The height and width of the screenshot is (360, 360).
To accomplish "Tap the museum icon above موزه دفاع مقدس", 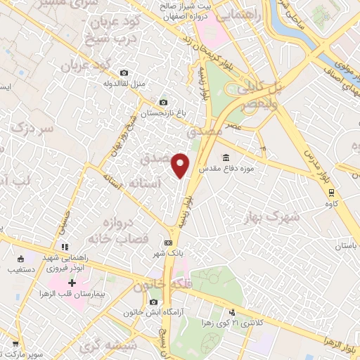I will [x=226, y=157].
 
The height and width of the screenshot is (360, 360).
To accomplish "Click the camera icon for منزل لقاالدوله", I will [x=124, y=72].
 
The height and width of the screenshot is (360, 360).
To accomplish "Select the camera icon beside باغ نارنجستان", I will [x=163, y=102].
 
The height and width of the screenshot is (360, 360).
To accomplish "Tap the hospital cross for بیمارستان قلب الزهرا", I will [x=73, y=283].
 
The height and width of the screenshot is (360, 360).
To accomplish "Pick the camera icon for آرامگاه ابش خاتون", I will [x=153, y=302].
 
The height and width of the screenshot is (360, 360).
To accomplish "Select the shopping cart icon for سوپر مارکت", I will [x=15, y=345].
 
